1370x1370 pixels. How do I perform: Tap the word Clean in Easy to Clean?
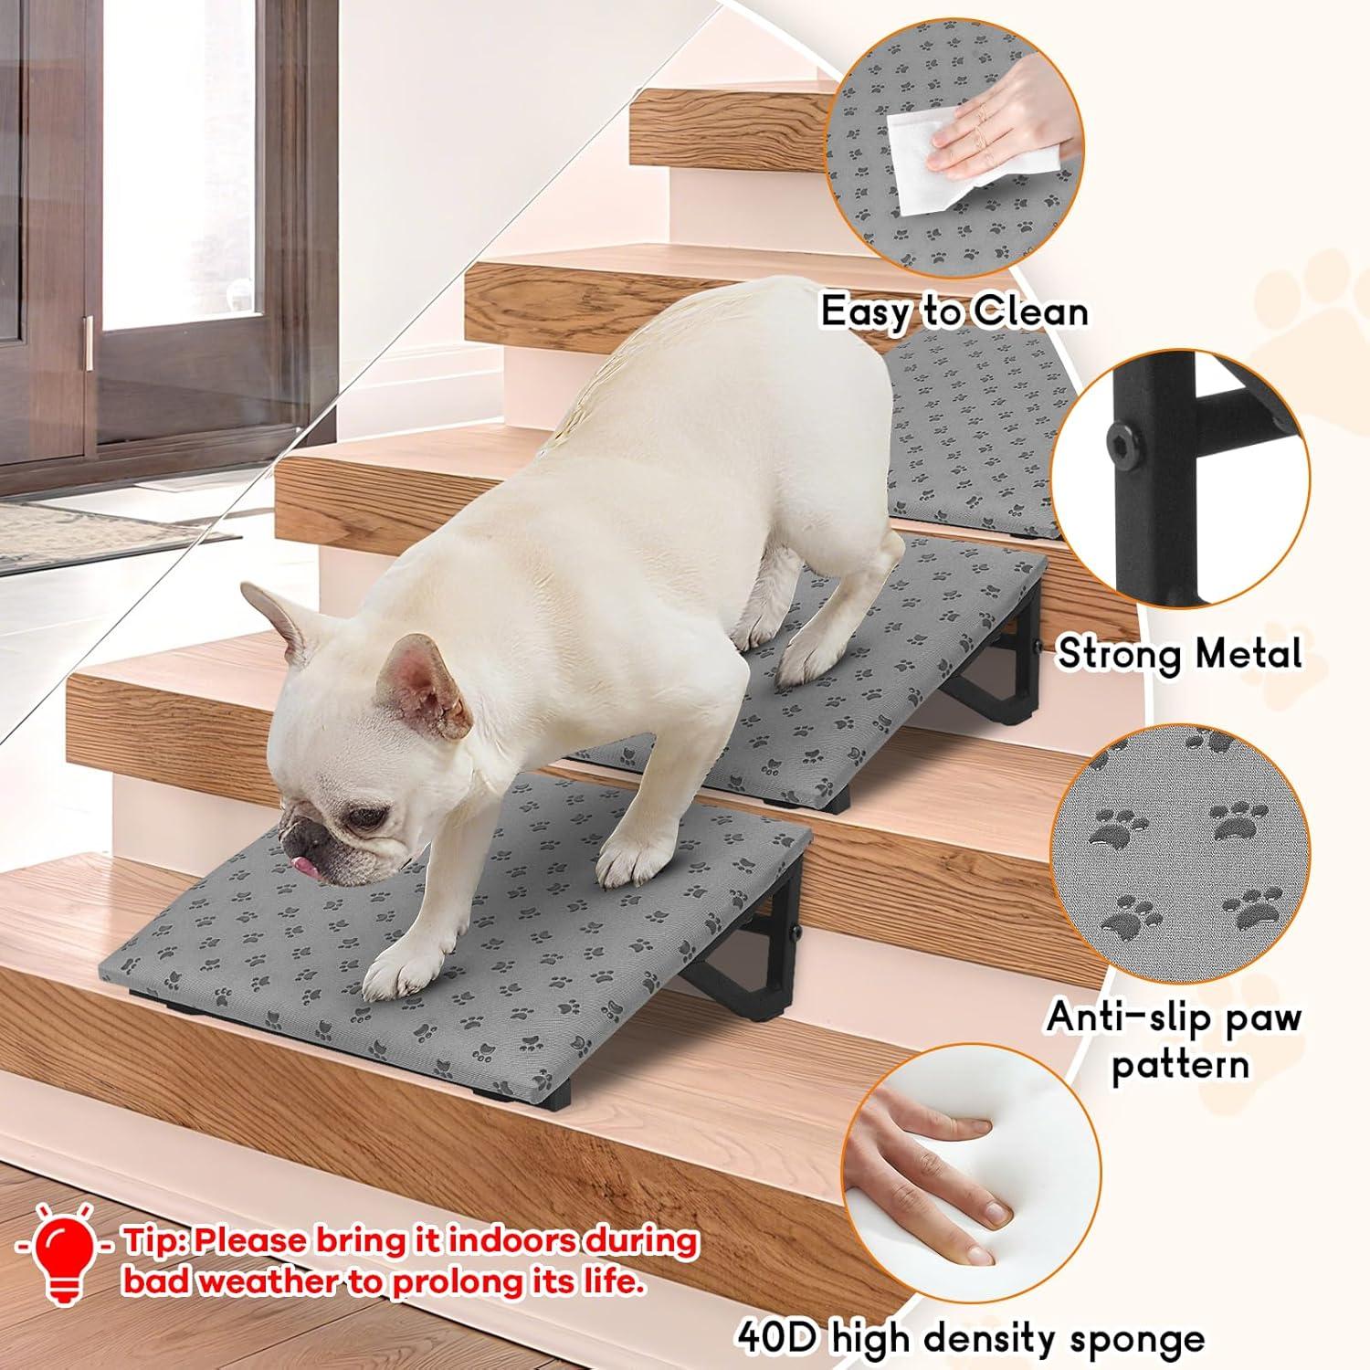[x=1029, y=312]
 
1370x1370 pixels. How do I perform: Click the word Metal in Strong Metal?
[x=1244, y=654]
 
